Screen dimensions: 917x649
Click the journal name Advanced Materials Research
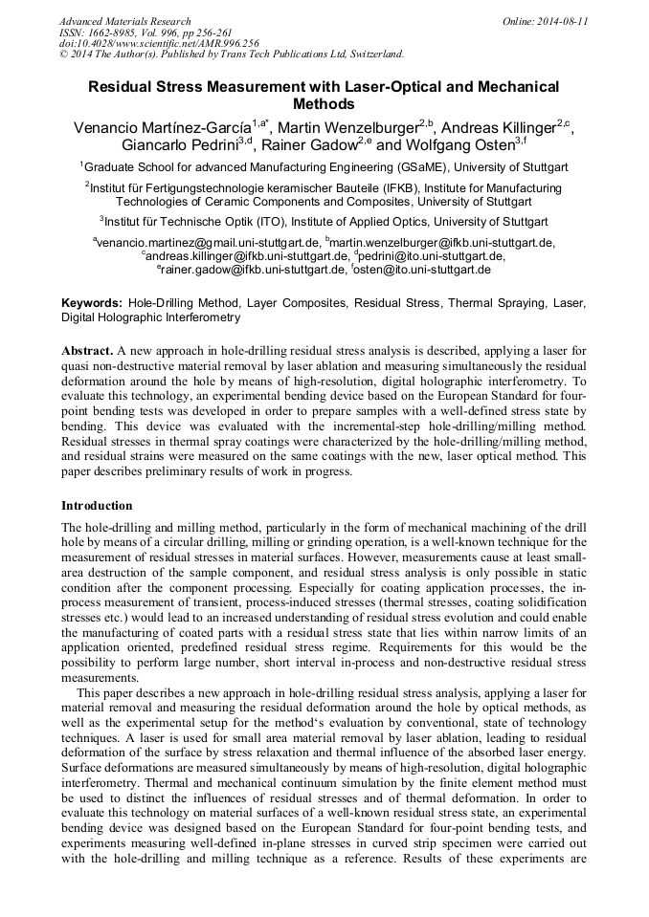[x=124, y=21]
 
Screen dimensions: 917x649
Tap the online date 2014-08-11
[x=559, y=21]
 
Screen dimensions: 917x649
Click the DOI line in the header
[x=159, y=43]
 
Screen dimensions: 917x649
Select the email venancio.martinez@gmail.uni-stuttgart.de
[x=208, y=243]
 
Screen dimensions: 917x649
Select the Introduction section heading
[x=97, y=505]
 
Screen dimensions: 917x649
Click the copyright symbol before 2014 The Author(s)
[x=63, y=55]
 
